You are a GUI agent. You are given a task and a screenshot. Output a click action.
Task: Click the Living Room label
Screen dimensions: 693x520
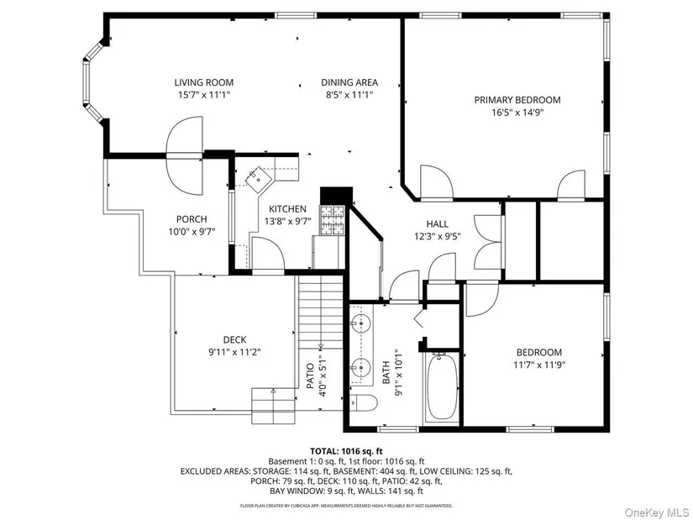click(x=204, y=82)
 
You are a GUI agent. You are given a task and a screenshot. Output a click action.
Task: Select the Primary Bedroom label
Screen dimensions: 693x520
click(x=517, y=100)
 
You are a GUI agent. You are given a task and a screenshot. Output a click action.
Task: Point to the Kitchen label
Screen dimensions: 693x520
click(x=288, y=208)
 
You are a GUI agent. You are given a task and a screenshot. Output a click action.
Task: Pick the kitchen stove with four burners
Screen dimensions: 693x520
click(x=333, y=220)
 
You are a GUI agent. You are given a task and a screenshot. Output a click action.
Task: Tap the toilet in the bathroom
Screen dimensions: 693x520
click(x=363, y=403)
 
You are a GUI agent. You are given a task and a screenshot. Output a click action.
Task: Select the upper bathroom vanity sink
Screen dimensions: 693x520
click(x=361, y=324)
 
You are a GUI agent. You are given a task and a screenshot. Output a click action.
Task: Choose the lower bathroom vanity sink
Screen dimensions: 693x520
click(x=361, y=366)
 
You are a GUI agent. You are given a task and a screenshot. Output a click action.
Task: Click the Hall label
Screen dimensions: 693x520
click(x=438, y=224)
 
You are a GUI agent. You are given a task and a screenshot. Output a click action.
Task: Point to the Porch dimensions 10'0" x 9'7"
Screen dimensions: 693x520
click(x=192, y=231)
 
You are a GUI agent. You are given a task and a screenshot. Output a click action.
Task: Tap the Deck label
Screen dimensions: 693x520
click(x=234, y=339)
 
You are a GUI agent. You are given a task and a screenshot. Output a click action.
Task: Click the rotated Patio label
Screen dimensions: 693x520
click(x=310, y=376)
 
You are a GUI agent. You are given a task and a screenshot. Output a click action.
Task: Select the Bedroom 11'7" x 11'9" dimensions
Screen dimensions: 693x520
click(x=539, y=365)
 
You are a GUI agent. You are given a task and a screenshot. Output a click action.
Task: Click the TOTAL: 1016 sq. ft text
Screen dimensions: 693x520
click(x=346, y=451)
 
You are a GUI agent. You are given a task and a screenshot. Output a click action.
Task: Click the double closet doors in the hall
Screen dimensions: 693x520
click(x=487, y=241)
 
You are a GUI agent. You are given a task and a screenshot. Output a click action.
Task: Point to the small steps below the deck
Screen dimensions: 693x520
click(x=273, y=406)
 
